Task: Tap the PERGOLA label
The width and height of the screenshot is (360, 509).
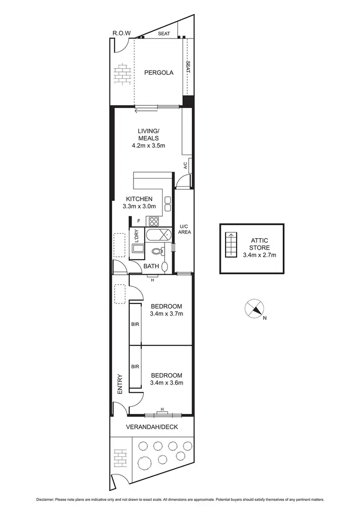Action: click(158, 73)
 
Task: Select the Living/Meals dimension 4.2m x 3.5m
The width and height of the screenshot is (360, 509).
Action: click(148, 146)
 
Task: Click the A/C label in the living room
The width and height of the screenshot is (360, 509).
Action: click(185, 166)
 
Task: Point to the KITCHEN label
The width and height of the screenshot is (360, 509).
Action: click(139, 199)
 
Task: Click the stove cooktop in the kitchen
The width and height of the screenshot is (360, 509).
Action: click(154, 221)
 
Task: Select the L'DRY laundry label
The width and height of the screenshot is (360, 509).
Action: click(136, 236)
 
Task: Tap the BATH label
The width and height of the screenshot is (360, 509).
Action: click(151, 266)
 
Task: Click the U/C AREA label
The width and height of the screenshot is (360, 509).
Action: click(185, 229)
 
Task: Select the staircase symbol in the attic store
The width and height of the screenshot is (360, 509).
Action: click(231, 244)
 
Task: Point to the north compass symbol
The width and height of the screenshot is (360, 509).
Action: click(254, 308)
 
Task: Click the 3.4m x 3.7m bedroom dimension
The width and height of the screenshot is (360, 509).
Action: click(167, 314)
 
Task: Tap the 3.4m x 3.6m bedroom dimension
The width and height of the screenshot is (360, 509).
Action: click(167, 383)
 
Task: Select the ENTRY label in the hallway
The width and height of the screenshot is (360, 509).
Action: click(120, 385)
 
